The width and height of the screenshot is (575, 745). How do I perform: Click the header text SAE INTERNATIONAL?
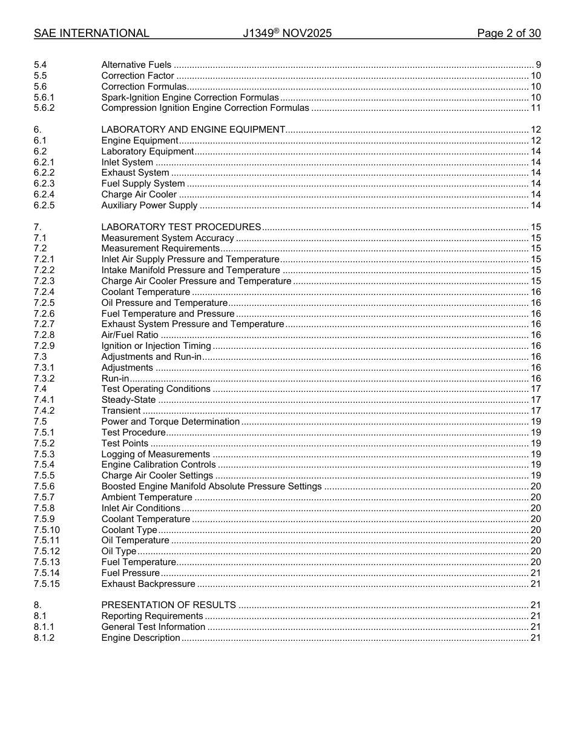(x=91, y=33)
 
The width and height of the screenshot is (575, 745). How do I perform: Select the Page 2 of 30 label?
(x=508, y=33)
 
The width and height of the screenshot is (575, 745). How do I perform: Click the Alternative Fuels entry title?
(x=136, y=65)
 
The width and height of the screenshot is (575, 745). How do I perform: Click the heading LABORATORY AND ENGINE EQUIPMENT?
(x=193, y=130)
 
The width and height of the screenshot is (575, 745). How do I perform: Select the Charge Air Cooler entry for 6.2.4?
(x=139, y=194)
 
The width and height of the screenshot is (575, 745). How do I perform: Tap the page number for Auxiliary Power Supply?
(x=535, y=205)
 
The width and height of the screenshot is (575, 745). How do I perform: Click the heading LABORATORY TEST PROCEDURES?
(x=181, y=227)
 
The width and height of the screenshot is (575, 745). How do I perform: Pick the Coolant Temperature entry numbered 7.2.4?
(x=145, y=292)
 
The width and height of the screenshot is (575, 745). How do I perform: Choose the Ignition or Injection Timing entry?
(x=156, y=346)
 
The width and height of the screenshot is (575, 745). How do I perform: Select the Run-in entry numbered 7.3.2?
(x=115, y=379)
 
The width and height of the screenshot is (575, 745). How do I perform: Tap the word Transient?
(x=121, y=411)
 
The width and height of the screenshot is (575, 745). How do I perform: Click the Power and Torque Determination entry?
(x=171, y=422)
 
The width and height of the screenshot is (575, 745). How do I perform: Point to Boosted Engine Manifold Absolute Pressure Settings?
(x=211, y=486)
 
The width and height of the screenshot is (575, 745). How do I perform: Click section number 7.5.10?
(x=47, y=530)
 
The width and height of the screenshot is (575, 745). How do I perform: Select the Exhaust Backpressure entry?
(x=148, y=584)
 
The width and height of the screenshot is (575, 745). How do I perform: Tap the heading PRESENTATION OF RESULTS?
(x=168, y=605)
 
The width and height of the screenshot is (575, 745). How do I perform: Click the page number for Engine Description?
(x=535, y=638)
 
